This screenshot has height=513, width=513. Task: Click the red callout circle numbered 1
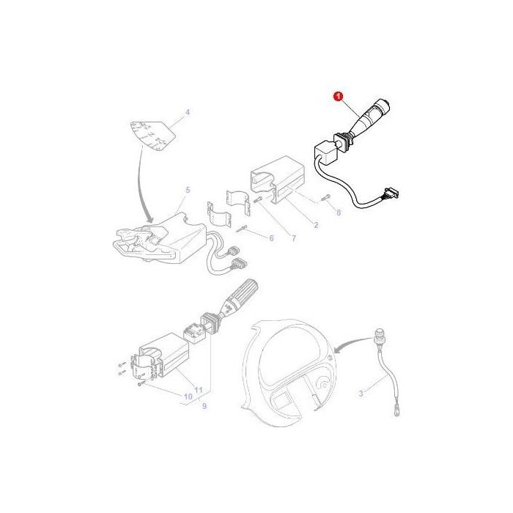339,96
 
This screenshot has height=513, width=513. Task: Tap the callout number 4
187,113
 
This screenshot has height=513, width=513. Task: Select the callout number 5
187,190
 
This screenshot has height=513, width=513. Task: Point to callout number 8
338,213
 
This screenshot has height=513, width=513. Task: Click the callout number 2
316,225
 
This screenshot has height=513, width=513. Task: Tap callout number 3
360,394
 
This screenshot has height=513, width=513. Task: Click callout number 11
199,389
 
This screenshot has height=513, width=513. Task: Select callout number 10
187,396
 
